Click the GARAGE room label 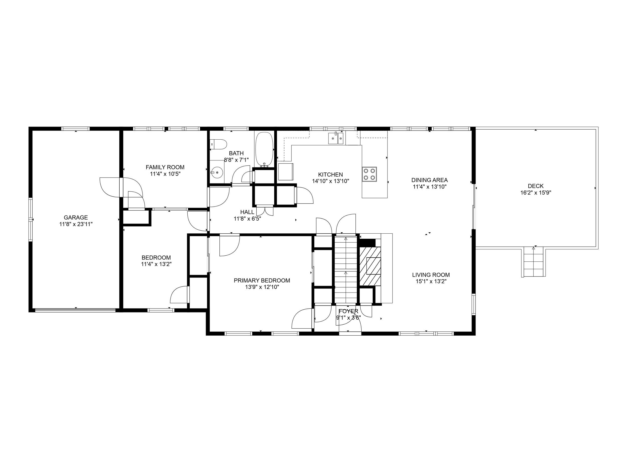76,218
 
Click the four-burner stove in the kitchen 369,174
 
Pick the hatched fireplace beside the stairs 370,266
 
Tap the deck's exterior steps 534,262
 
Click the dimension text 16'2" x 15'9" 535,193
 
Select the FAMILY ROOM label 165,167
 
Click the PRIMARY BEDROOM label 262,280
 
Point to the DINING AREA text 429,180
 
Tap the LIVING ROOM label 431,274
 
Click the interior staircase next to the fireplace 346,269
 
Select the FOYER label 348,311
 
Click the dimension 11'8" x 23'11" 76,224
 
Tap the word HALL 247,212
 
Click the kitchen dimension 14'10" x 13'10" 330,181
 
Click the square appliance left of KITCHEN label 285,172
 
